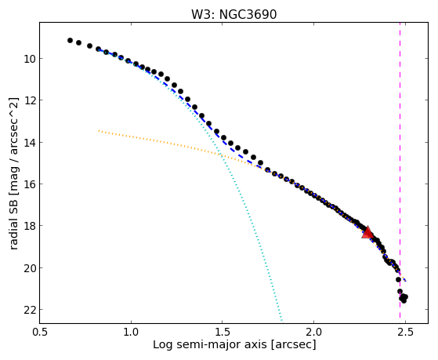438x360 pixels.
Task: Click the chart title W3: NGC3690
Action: pyautogui.click(x=233, y=15)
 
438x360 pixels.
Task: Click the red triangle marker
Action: pyautogui.click(x=367, y=232)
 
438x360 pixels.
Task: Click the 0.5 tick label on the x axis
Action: pyautogui.click(x=40, y=332)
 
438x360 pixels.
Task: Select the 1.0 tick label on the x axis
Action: pyautogui.click(x=131, y=332)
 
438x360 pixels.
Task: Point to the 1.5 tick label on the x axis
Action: pyautogui.click(x=222, y=332)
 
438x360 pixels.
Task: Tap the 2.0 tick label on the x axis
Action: pyautogui.click(x=313, y=332)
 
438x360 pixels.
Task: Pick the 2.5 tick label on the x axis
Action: pyautogui.click(x=405, y=332)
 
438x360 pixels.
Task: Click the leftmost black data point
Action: pyautogui.click(x=70, y=41)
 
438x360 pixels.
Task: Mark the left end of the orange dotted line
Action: pyautogui.click(x=99, y=131)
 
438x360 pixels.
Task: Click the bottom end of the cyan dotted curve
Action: pyautogui.click(x=282, y=321)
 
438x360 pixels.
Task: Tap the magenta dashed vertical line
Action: pyautogui.click(x=400, y=170)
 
